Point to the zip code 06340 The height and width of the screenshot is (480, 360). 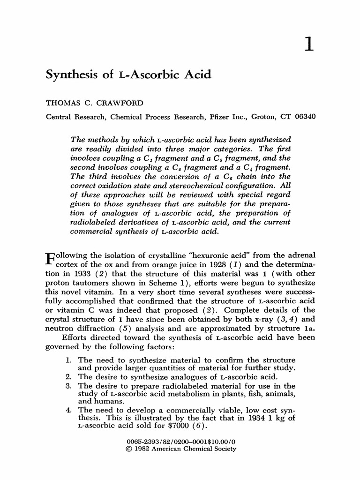pos(305,116)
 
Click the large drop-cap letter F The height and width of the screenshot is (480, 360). pos(50,260)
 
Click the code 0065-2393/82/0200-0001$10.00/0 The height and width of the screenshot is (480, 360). pos(181,441)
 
